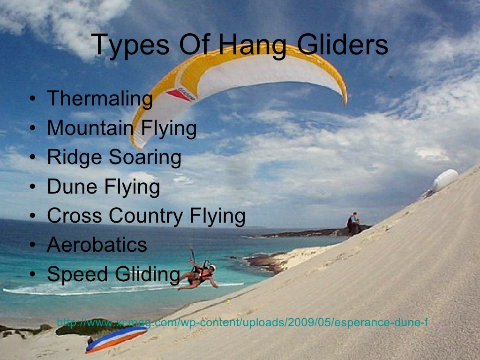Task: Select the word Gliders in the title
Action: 336,45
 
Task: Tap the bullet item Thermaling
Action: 100,99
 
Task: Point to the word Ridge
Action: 75,157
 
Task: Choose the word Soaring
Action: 145,157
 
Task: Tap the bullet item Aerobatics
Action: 97,245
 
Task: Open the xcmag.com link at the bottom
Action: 242,323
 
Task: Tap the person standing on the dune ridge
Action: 353,224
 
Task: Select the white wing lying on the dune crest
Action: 444,180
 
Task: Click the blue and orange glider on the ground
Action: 116,338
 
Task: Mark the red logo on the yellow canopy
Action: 179,94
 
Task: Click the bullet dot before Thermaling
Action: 32,99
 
